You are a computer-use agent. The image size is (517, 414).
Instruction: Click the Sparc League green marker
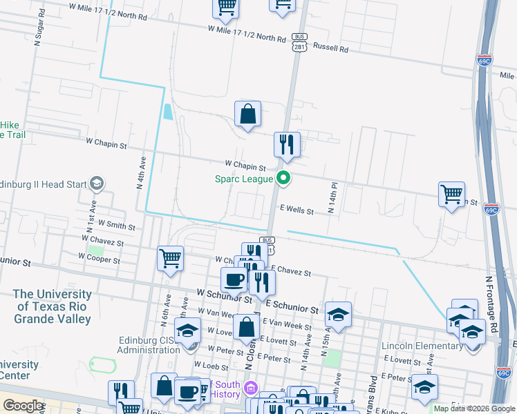[283, 179]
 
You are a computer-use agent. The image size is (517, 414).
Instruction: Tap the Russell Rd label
[330, 48]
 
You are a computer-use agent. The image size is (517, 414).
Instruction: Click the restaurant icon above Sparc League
[287, 145]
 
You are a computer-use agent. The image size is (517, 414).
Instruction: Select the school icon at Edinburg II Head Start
[97, 183]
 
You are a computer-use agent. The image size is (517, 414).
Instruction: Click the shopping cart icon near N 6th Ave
[170, 259]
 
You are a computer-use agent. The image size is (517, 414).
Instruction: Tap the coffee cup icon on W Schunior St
[234, 279]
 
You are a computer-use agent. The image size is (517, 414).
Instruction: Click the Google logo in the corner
[23, 406]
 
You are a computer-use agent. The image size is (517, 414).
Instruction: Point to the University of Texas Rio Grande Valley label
[53, 306]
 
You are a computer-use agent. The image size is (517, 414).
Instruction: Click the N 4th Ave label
[141, 172]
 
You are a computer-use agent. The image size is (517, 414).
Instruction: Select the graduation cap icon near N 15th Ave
[338, 315]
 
